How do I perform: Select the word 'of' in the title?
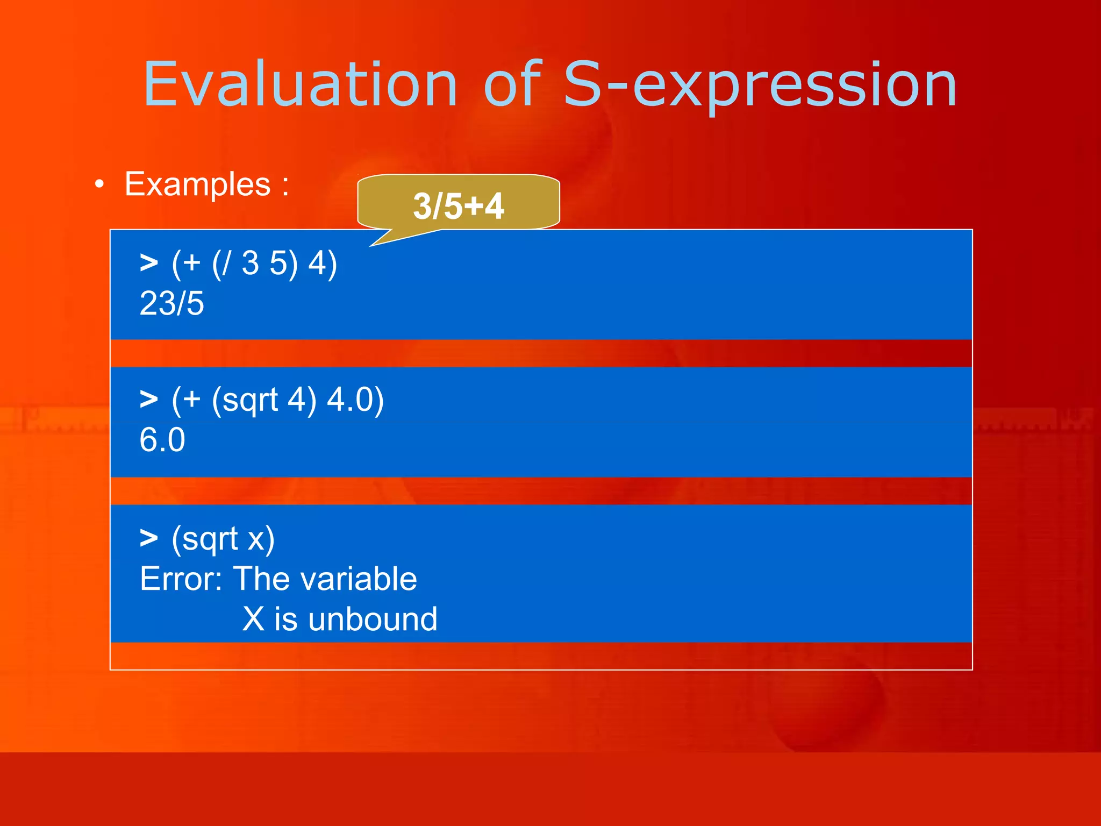click(x=512, y=85)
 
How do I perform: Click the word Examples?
click(x=197, y=185)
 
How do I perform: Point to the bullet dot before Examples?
click(x=99, y=185)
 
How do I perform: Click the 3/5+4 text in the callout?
click(x=458, y=206)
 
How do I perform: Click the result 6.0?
click(x=162, y=440)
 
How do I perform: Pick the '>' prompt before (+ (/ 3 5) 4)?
click(x=149, y=264)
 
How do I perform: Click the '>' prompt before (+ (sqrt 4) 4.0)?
click(x=149, y=400)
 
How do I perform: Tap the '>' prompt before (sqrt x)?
click(x=149, y=538)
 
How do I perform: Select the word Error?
click(x=181, y=579)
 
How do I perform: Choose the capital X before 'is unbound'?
click(x=253, y=619)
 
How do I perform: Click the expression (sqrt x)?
click(x=223, y=539)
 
